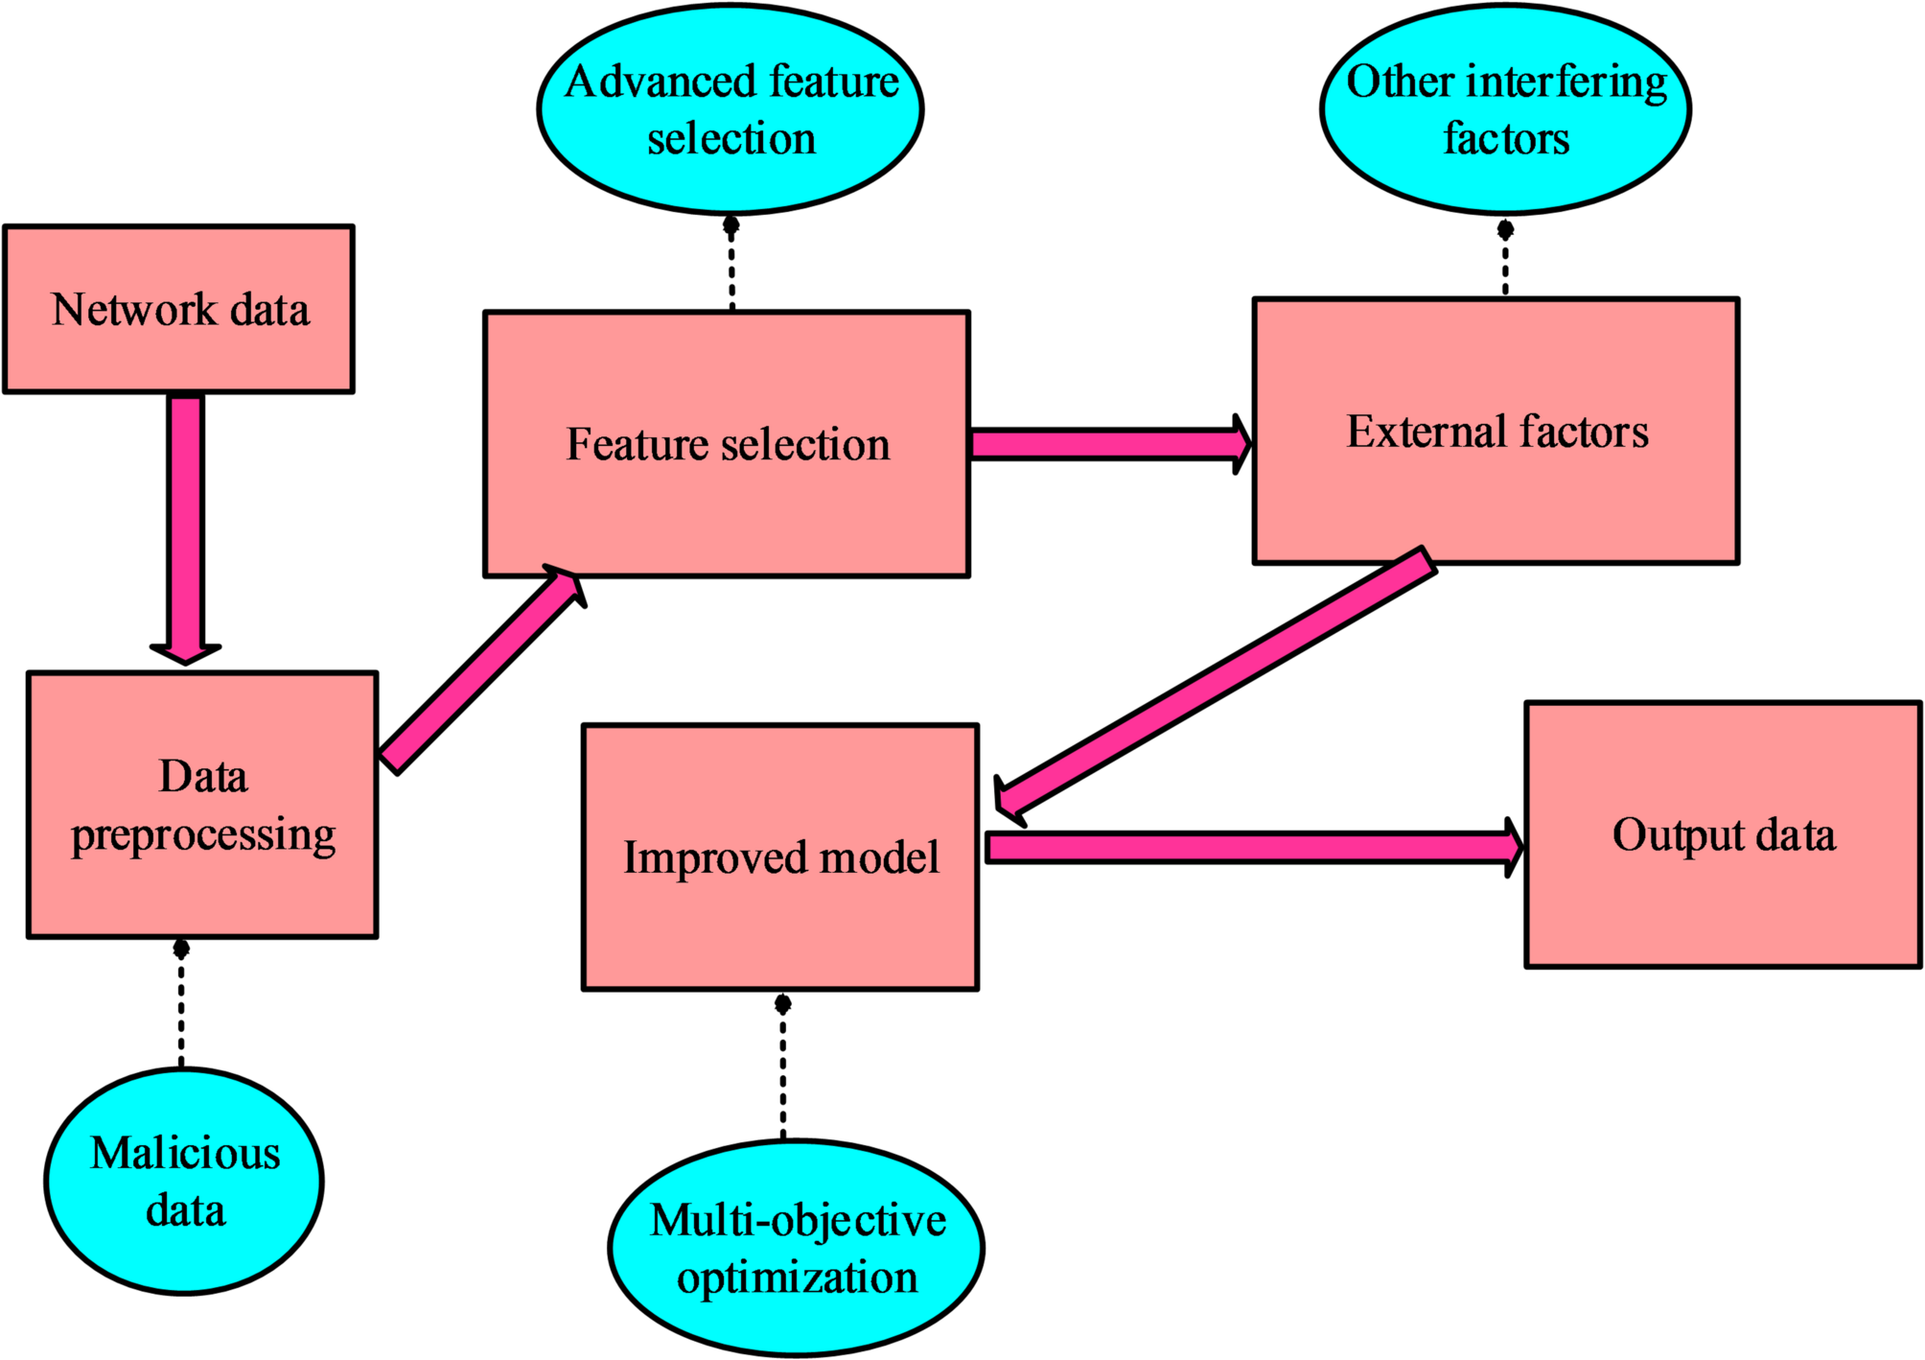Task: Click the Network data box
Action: tap(179, 309)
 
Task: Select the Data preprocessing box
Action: tap(202, 805)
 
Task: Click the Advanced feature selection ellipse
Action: tap(731, 108)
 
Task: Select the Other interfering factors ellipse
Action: tap(1505, 108)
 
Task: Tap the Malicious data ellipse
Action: tap(184, 1182)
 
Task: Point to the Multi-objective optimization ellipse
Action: tap(797, 1248)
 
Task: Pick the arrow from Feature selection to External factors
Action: tap(1107, 444)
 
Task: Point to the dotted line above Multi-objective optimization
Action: tap(783, 1069)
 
